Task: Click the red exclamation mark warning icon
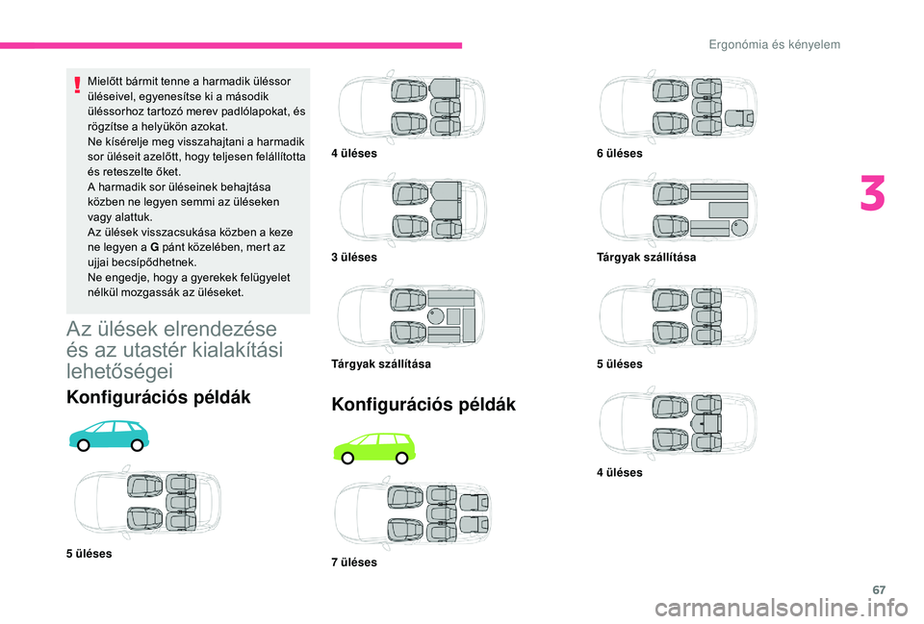(x=77, y=86)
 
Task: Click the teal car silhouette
(x=110, y=436)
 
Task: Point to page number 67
(x=879, y=589)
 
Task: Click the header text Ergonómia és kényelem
(x=774, y=45)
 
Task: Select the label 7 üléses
(x=354, y=562)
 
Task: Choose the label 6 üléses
(x=619, y=153)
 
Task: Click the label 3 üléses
(x=354, y=257)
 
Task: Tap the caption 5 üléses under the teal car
(x=89, y=554)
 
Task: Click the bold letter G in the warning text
(x=154, y=247)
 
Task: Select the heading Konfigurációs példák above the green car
(x=423, y=405)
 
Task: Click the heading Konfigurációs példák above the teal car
(x=159, y=397)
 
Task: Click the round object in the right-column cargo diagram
(x=739, y=228)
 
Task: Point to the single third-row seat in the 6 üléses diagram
(x=739, y=117)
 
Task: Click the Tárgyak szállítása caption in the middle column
(x=381, y=363)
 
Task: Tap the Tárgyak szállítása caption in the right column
(x=647, y=257)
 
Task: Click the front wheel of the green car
(x=348, y=458)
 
